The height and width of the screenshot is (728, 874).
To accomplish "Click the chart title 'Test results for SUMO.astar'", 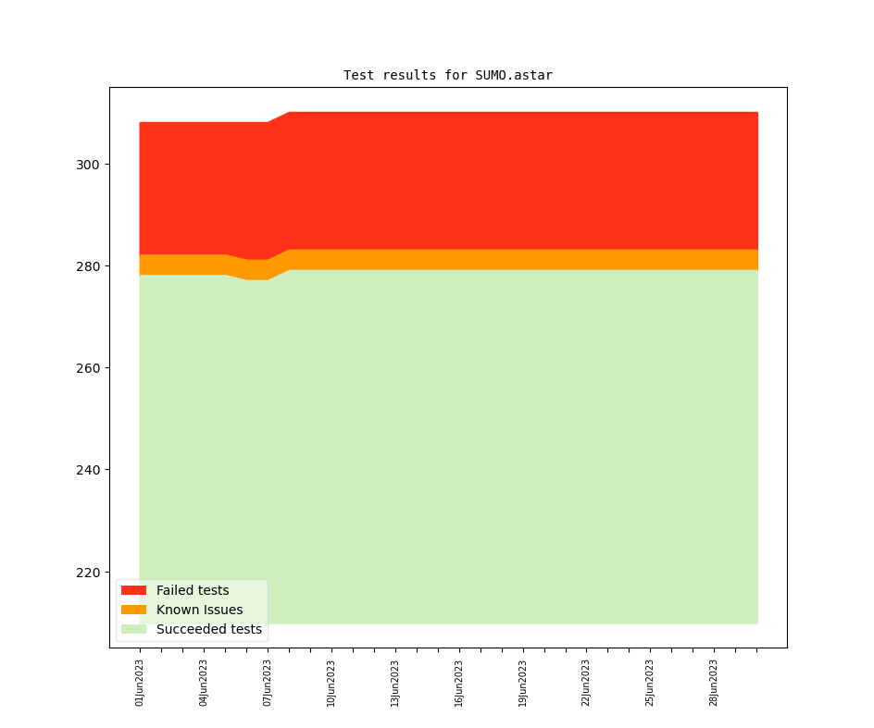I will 447,75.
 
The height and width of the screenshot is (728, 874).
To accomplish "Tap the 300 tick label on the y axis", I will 87,165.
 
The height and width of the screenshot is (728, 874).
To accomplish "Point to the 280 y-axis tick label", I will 87,266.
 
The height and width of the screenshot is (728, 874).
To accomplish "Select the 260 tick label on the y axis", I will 87,368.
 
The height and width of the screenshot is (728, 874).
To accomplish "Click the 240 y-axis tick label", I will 87,470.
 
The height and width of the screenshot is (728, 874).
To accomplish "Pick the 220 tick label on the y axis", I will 87,573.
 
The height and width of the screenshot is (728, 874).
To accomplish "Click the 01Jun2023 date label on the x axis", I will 140,683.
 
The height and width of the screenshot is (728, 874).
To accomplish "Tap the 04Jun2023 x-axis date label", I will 204,683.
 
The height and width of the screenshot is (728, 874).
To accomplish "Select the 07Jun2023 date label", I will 268,683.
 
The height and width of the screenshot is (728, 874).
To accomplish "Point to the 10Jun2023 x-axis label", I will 331,683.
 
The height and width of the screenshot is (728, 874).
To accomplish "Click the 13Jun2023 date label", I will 395,683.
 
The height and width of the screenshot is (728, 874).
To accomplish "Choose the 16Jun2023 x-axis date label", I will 459,683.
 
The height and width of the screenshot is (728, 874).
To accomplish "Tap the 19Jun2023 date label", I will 523,683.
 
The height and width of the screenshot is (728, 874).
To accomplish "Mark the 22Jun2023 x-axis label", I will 586,683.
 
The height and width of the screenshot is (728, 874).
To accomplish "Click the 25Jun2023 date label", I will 650,683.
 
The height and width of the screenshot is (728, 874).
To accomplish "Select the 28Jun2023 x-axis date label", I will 714,683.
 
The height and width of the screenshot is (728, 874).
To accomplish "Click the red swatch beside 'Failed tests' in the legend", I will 133,590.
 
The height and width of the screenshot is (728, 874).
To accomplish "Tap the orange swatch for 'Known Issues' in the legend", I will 133,610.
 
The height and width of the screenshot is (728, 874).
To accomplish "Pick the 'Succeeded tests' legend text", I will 208,630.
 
